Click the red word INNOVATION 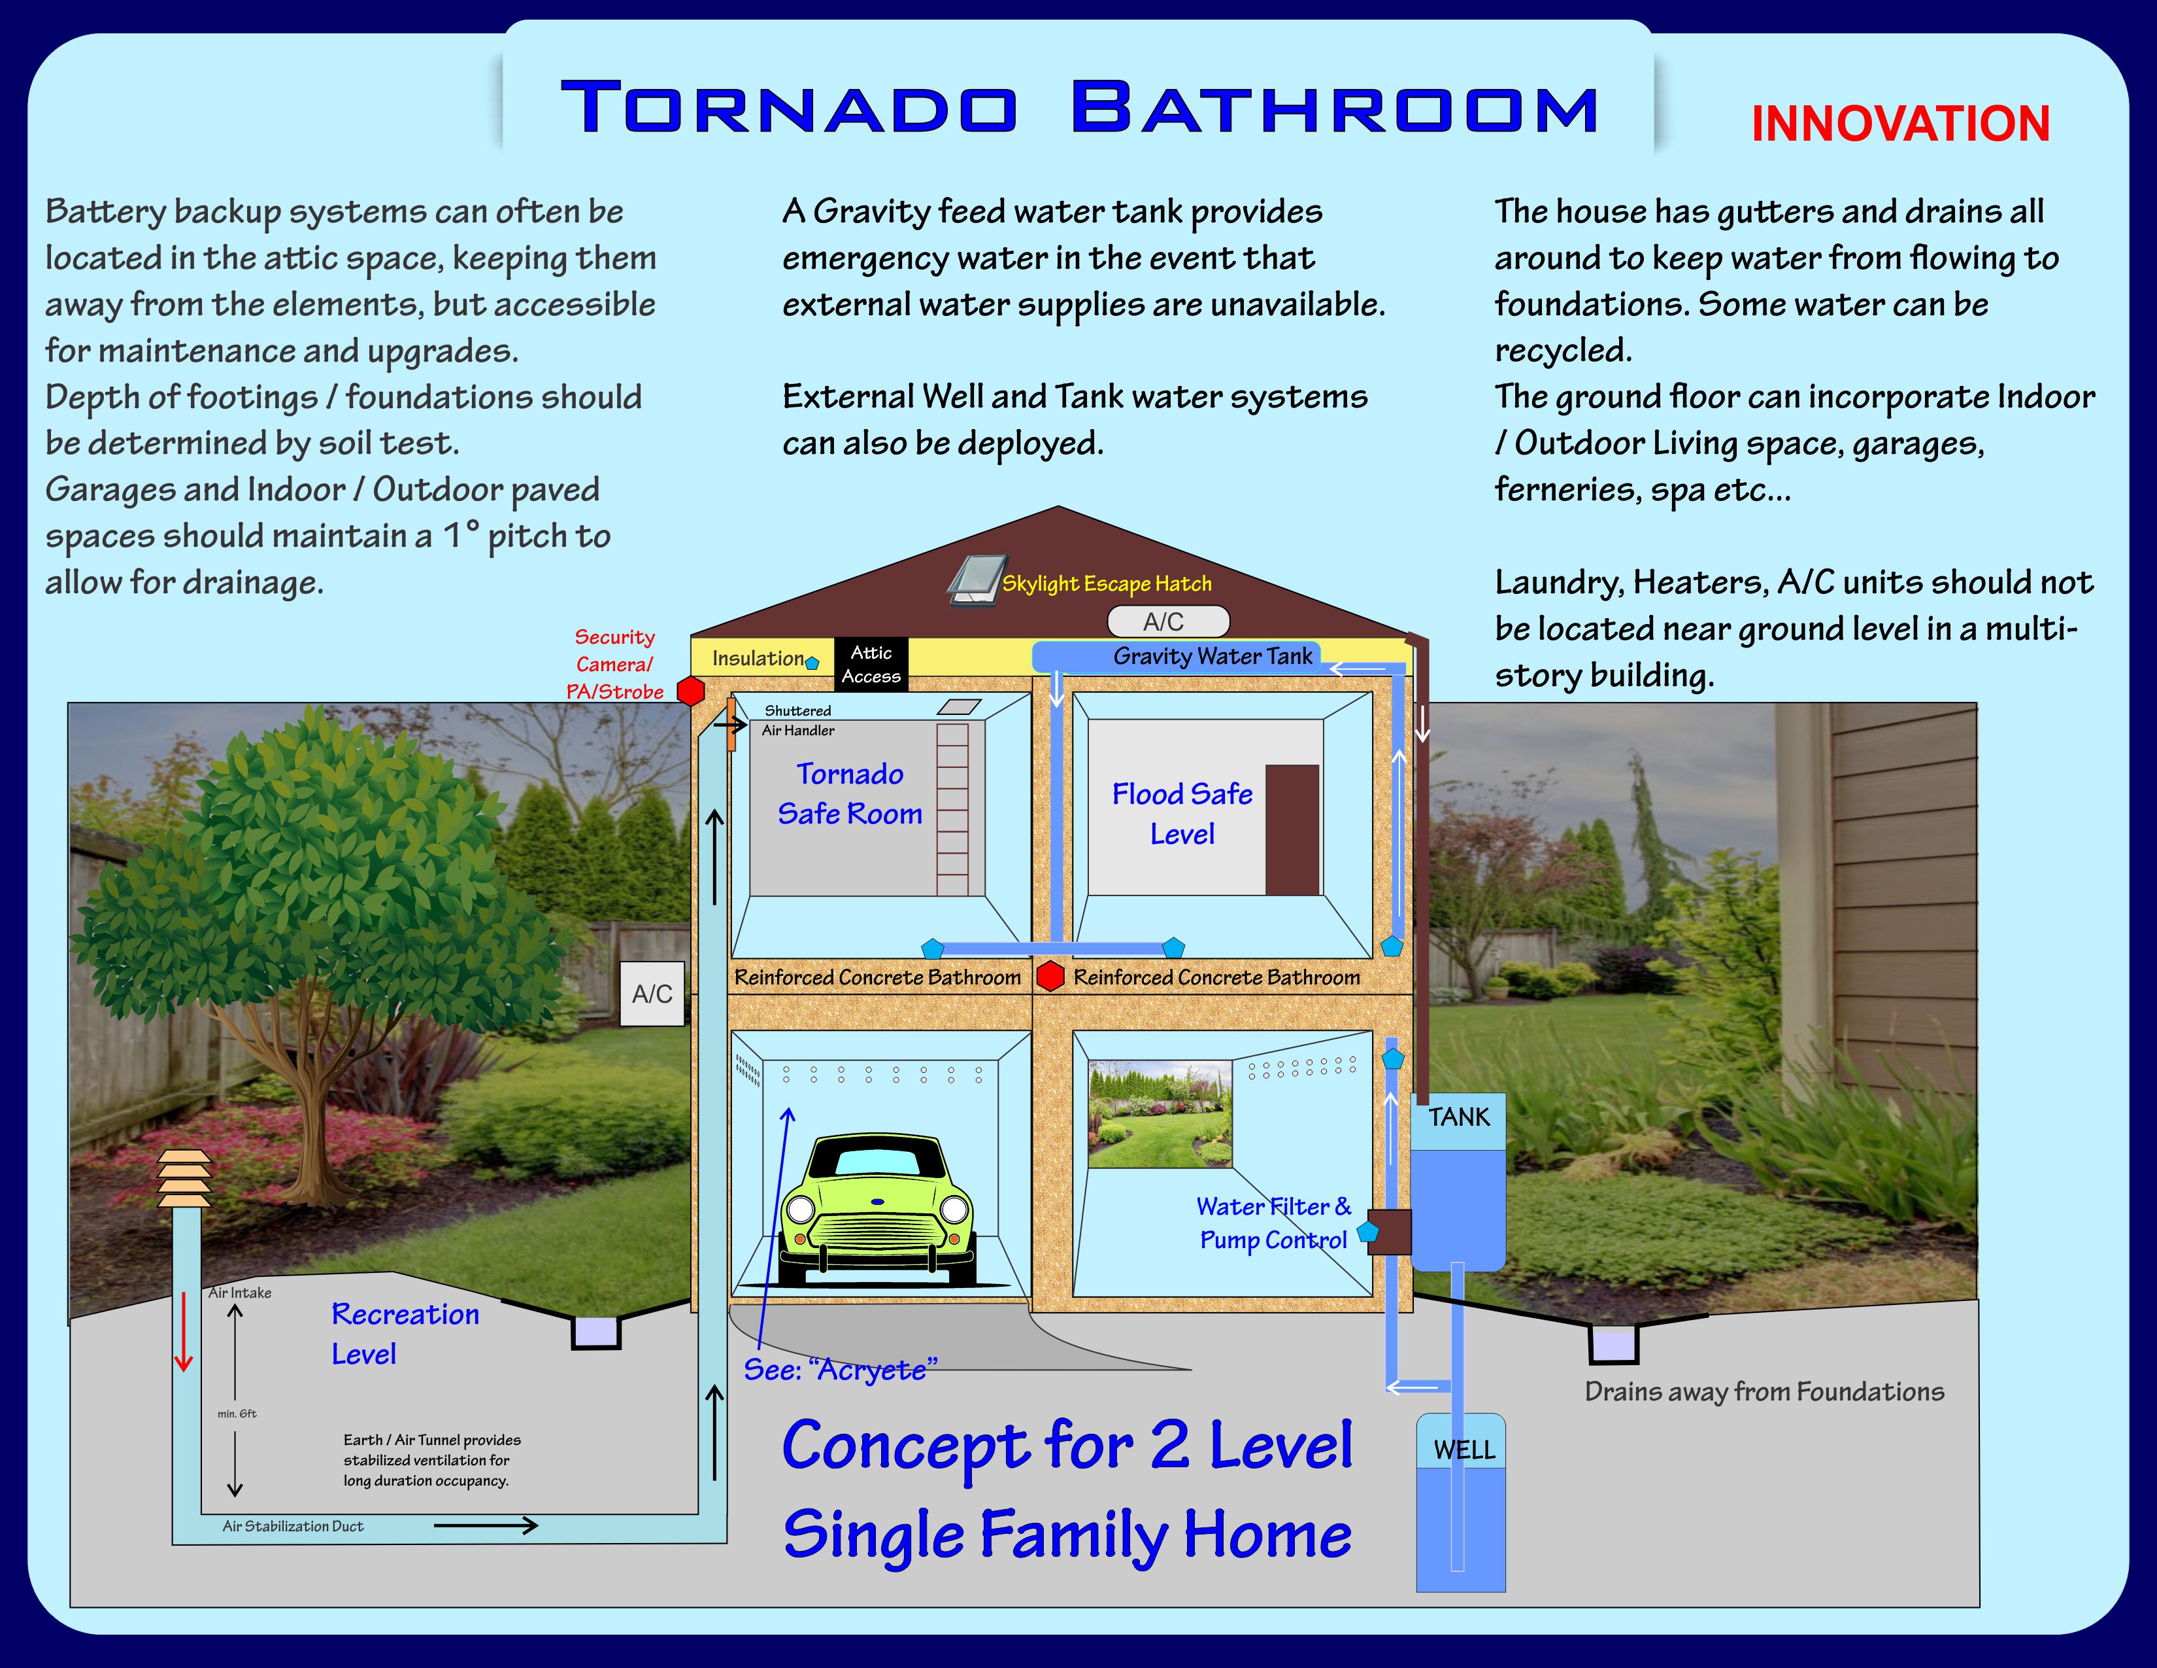[1900, 124]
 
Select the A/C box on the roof [1169, 621]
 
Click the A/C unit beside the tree [652, 993]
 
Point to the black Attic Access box [871, 664]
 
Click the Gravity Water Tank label [1212, 656]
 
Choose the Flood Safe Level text [1182, 813]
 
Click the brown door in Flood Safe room [1292, 830]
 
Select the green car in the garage [876, 1211]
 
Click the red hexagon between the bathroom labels [1050, 977]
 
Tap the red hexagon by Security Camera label [690, 691]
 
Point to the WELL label [1463, 1450]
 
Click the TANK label [1459, 1117]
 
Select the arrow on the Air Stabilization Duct [486, 1525]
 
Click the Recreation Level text [405, 1334]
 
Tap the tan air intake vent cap [185, 1179]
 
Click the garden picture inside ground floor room [1160, 1115]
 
